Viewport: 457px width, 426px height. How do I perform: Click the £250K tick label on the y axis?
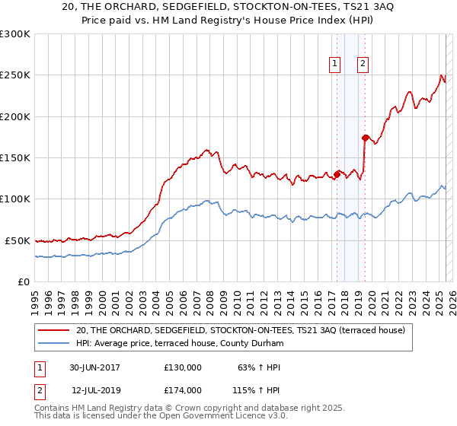pos(14,75)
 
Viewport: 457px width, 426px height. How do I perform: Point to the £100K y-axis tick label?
pos(14,199)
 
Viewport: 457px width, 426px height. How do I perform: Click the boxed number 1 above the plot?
pos(335,64)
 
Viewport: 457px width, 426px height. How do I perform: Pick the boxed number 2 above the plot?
pos(363,64)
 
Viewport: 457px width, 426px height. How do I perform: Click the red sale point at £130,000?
pos(337,174)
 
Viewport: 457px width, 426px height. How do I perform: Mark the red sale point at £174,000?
pos(365,138)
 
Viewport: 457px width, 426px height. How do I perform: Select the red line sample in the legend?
pos(55,330)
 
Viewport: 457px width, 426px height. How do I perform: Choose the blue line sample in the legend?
pos(55,344)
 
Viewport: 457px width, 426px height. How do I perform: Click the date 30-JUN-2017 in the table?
pos(94,367)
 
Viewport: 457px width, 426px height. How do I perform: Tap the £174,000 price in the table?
pos(182,390)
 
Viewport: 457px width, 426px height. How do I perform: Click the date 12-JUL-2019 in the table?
pos(96,390)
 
